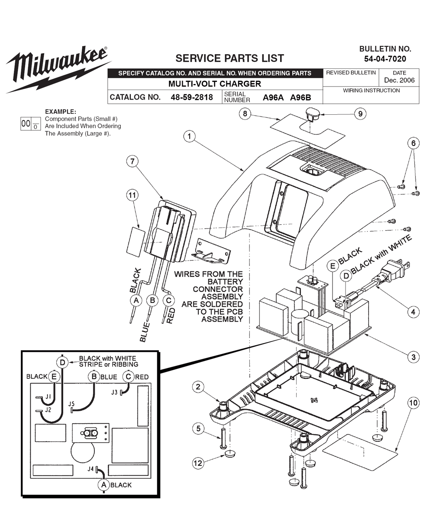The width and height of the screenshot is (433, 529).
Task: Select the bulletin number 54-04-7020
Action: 385,59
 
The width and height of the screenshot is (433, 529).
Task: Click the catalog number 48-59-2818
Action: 192,97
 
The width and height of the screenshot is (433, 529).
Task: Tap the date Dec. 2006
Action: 399,80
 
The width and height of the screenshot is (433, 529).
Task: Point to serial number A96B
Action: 301,97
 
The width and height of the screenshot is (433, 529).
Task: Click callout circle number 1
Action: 189,136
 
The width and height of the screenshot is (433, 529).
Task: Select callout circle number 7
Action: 132,161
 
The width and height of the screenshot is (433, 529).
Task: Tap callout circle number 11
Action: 132,195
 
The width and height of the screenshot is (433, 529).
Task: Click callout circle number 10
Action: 413,403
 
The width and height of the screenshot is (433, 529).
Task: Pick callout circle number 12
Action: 198,463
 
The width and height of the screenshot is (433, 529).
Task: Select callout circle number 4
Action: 413,311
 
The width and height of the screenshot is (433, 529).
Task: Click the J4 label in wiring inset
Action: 90,469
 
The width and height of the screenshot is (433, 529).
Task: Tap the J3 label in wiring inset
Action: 114,392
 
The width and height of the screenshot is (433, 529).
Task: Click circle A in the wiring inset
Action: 103,485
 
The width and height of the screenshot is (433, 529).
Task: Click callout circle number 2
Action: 198,387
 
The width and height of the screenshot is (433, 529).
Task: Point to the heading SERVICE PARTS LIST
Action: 229,58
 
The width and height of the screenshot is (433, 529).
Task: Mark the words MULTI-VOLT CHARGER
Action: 215,84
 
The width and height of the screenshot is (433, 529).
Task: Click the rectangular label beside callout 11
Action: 136,243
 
